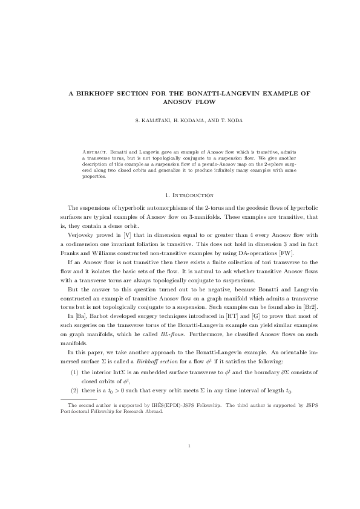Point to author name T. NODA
point(231,120)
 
